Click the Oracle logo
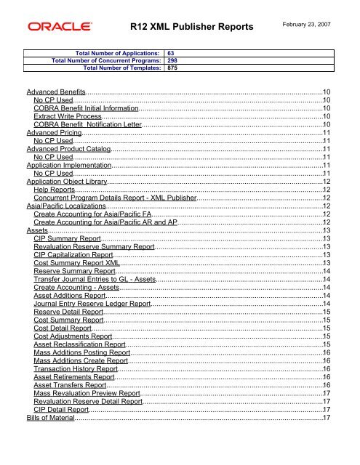tap(60, 28)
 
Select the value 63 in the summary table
tap(172, 53)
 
